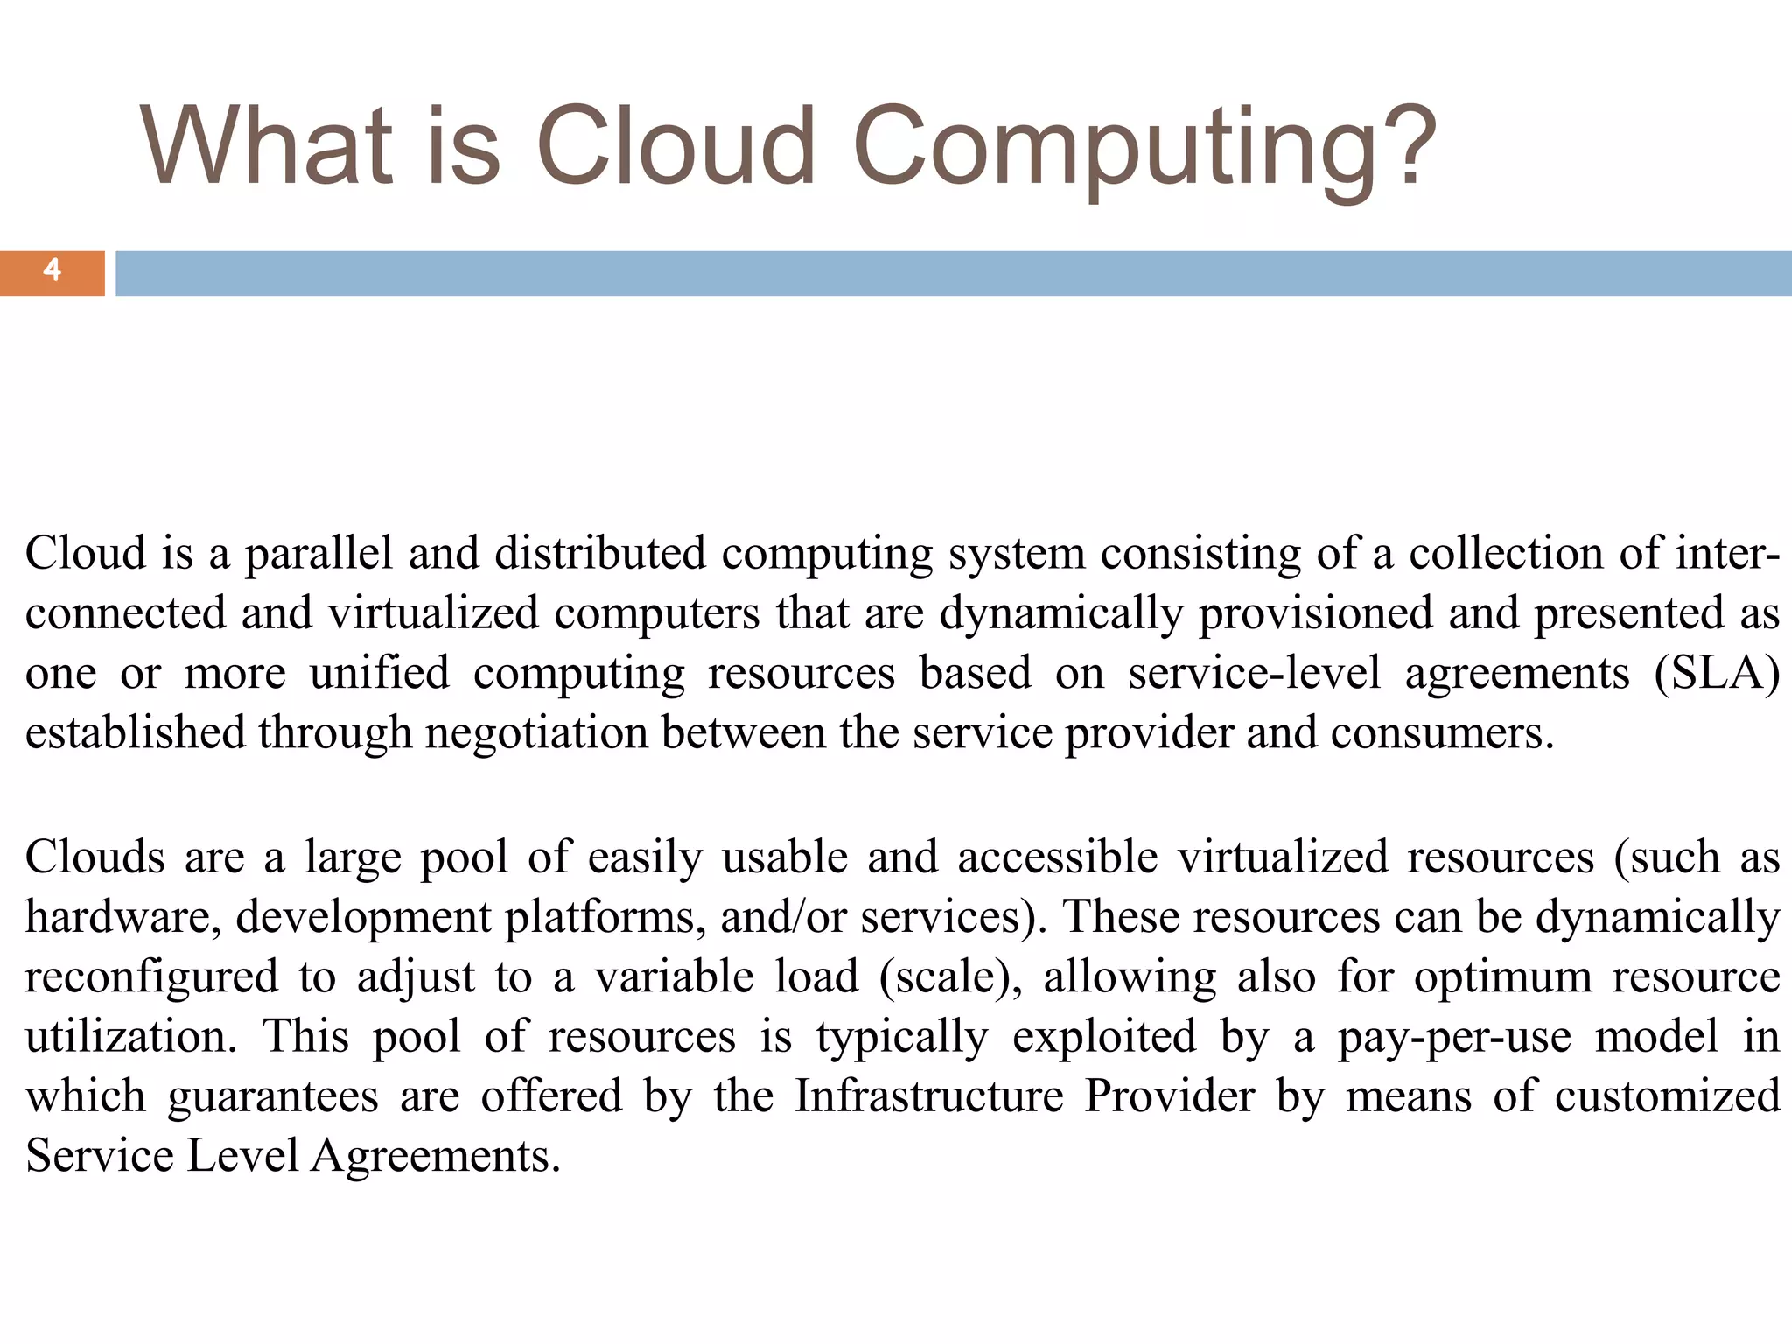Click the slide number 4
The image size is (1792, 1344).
[x=52, y=270]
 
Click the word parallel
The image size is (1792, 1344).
[x=318, y=555]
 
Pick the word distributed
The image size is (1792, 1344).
[x=599, y=555]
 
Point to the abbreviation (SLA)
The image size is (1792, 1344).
[x=1717, y=674]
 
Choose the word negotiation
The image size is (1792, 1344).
[x=535, y=733]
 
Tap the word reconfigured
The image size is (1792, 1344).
[x=151, y=977]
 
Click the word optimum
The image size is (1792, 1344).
[x=1502, y=977]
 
